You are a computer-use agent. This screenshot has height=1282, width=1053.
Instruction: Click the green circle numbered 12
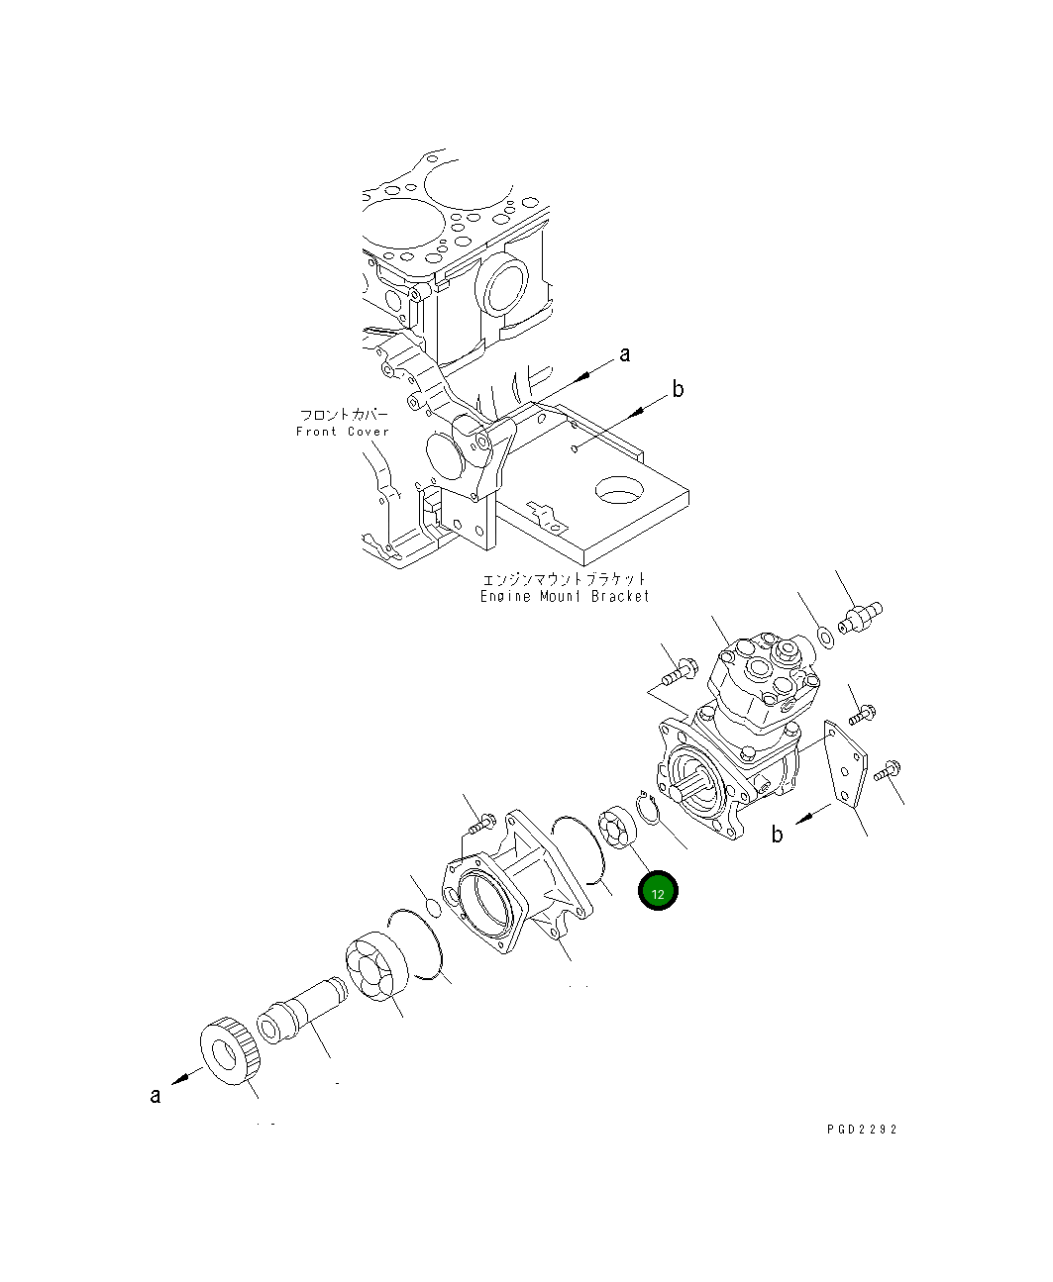658,891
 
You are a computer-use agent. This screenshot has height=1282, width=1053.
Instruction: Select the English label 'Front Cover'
343,432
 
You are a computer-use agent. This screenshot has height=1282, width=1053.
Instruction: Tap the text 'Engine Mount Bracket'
565,596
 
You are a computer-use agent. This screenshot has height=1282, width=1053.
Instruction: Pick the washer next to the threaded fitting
825,635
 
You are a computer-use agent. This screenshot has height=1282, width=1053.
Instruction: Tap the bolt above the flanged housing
483,821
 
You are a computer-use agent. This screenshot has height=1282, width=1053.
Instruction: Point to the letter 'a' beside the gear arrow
156,1095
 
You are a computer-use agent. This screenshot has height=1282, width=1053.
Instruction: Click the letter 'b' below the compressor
778,835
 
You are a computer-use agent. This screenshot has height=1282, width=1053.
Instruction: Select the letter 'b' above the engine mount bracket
679,389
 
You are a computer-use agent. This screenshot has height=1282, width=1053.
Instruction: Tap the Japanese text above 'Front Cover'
345,415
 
